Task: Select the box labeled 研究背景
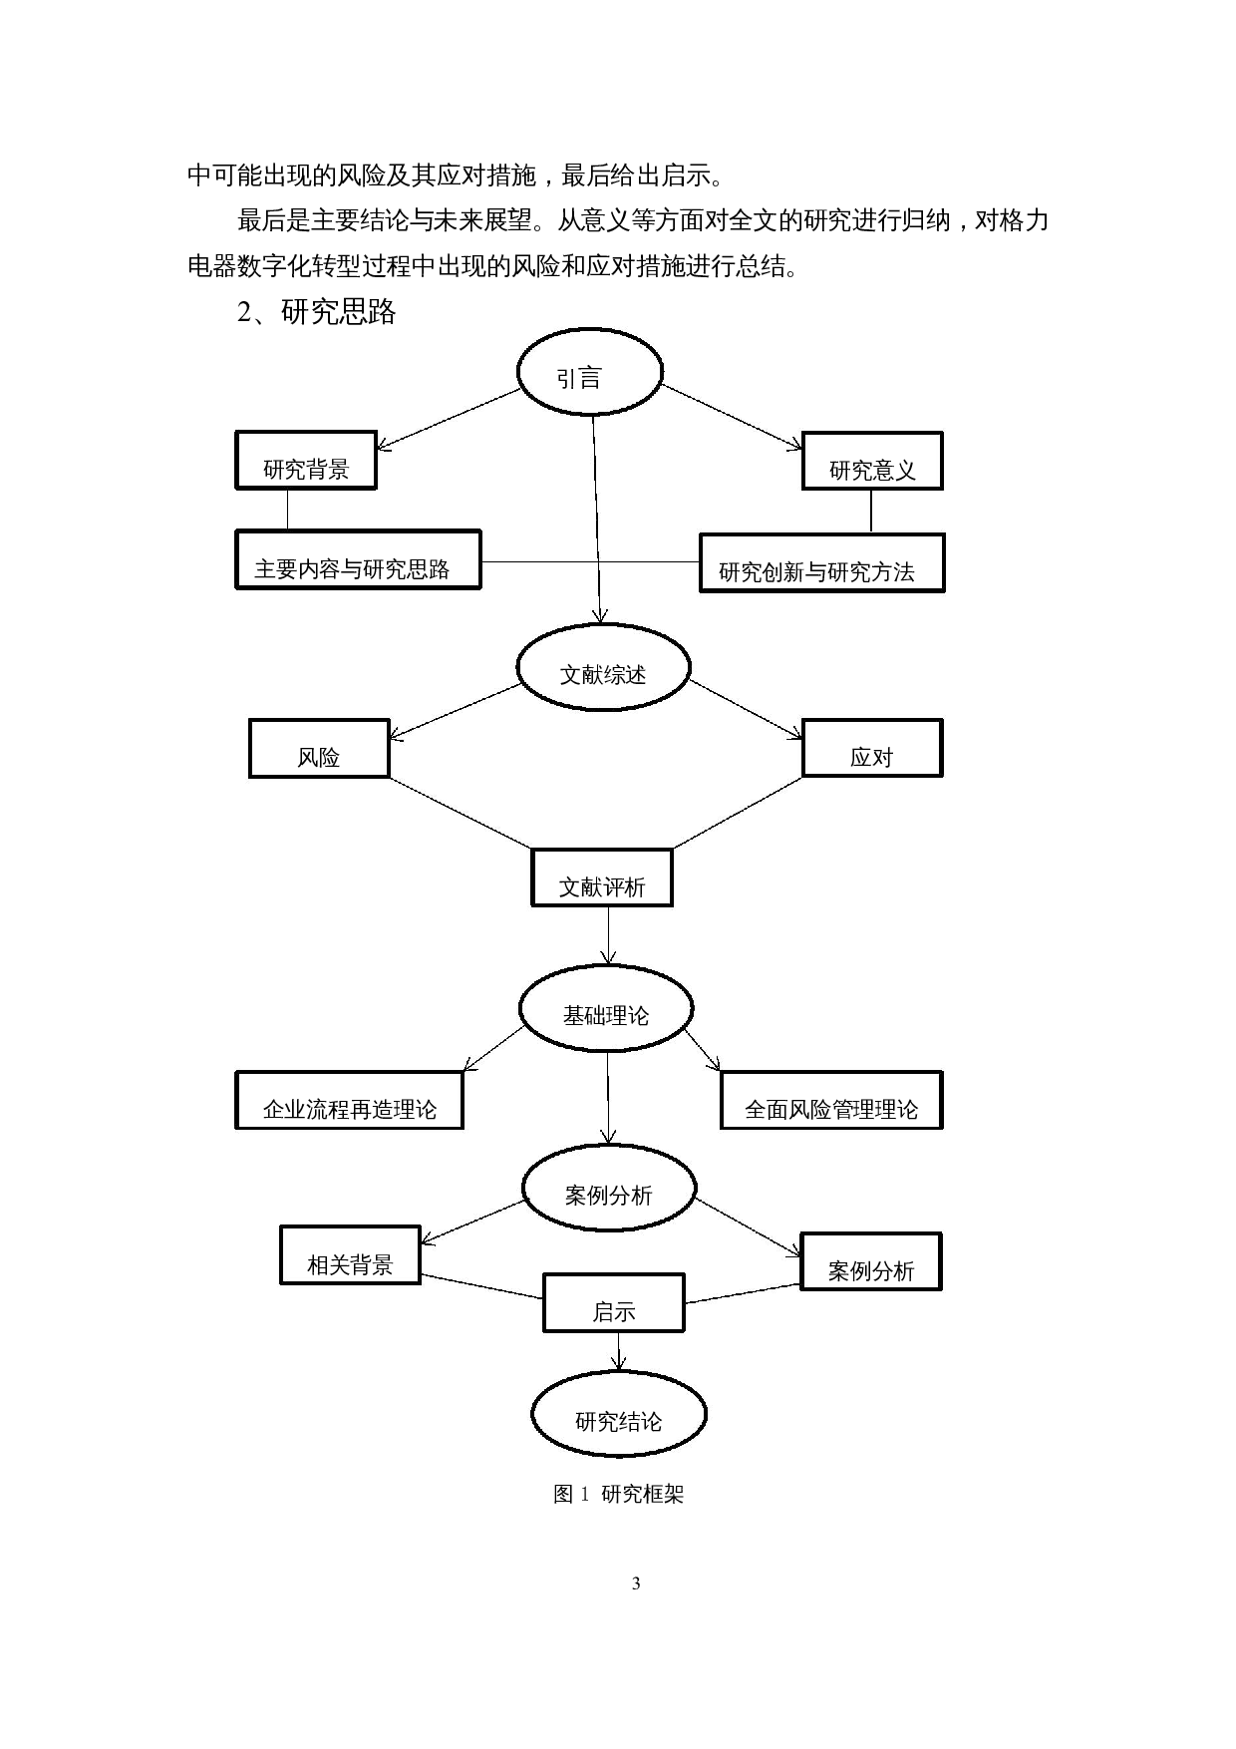point(306,461)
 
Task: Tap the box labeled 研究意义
point(872,462)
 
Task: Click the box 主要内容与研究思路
point(358,559)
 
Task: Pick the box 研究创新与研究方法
point(821,563)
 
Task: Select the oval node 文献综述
point(603,668)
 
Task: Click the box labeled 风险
point(319,749)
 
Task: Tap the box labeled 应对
point(872,749)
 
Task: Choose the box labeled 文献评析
point(602,878)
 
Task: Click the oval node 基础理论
point(606,1008)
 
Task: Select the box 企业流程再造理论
point(349,1101)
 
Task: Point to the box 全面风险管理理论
point(831,1101)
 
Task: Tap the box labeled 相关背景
point(350,1255)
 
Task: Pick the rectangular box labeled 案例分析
point(871,1262)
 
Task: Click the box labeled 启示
point(614,1303)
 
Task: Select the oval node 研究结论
point(619,1415)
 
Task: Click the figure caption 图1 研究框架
point(618,1494)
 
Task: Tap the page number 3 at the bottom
point(636,1583)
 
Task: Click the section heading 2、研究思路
point(317,312)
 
